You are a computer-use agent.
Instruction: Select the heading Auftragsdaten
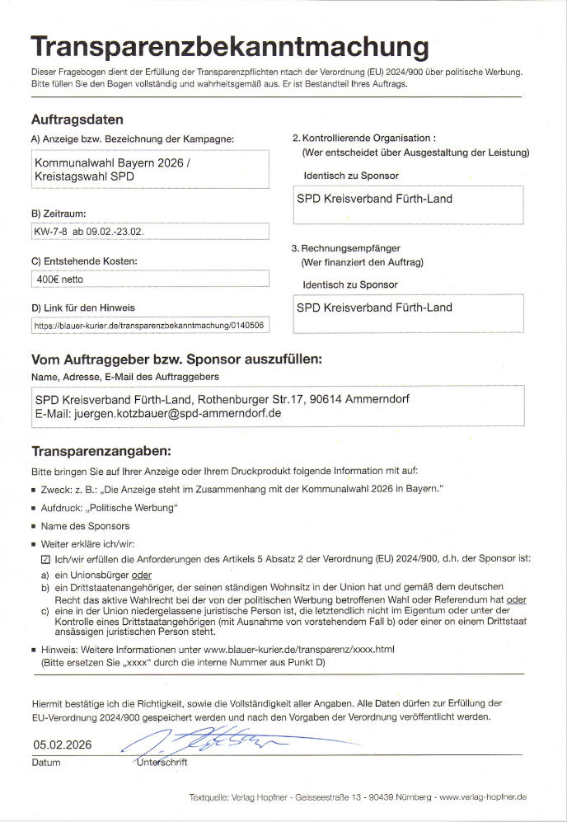(77, 120)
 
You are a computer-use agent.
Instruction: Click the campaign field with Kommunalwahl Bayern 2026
(149, 170)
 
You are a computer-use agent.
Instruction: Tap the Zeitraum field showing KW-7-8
(149, 231)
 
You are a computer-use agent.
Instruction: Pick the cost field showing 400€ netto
(149, 279)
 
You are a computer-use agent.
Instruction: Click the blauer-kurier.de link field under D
(149, 326)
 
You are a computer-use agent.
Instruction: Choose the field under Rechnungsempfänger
(408, 313)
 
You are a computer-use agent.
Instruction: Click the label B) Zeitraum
(59, 214)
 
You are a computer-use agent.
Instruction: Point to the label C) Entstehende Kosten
(84, 261)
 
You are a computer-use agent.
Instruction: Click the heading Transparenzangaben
(101, 451)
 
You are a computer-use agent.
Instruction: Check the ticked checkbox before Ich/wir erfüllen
(46, 558)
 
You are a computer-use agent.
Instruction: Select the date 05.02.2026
(62, 744)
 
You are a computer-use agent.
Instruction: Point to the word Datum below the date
(46, 763)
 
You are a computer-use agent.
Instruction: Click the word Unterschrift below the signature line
(162, 763)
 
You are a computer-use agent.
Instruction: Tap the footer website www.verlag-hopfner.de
(483, 797)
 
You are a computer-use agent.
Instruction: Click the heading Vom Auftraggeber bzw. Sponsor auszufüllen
(176, 359)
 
